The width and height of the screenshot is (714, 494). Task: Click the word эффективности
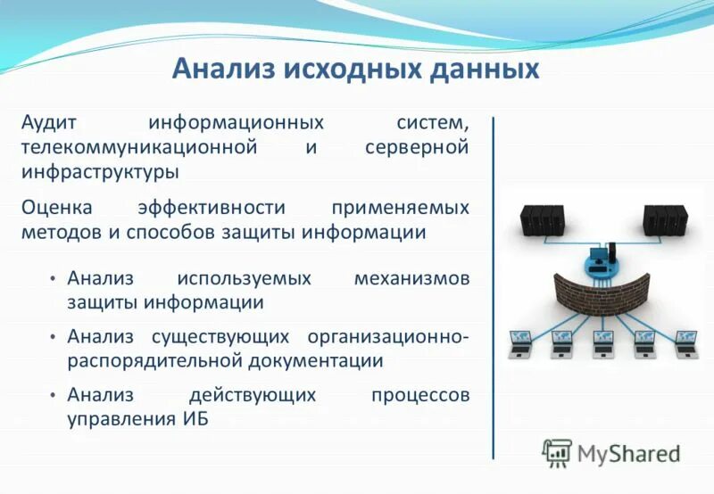(x=212, y=208)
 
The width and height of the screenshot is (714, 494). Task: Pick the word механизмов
(x=411, y=278)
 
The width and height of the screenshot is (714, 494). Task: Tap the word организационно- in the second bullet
(x=388, y=336)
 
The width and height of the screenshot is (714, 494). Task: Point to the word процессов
(x=419, y=394)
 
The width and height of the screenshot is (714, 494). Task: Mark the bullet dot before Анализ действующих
(x=54, y=395)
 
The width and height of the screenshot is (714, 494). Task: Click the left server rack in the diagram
(x=543, y=219)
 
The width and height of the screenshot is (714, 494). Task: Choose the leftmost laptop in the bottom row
(x=520, y=343)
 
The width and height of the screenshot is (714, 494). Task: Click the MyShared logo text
(x=628, y=453)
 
